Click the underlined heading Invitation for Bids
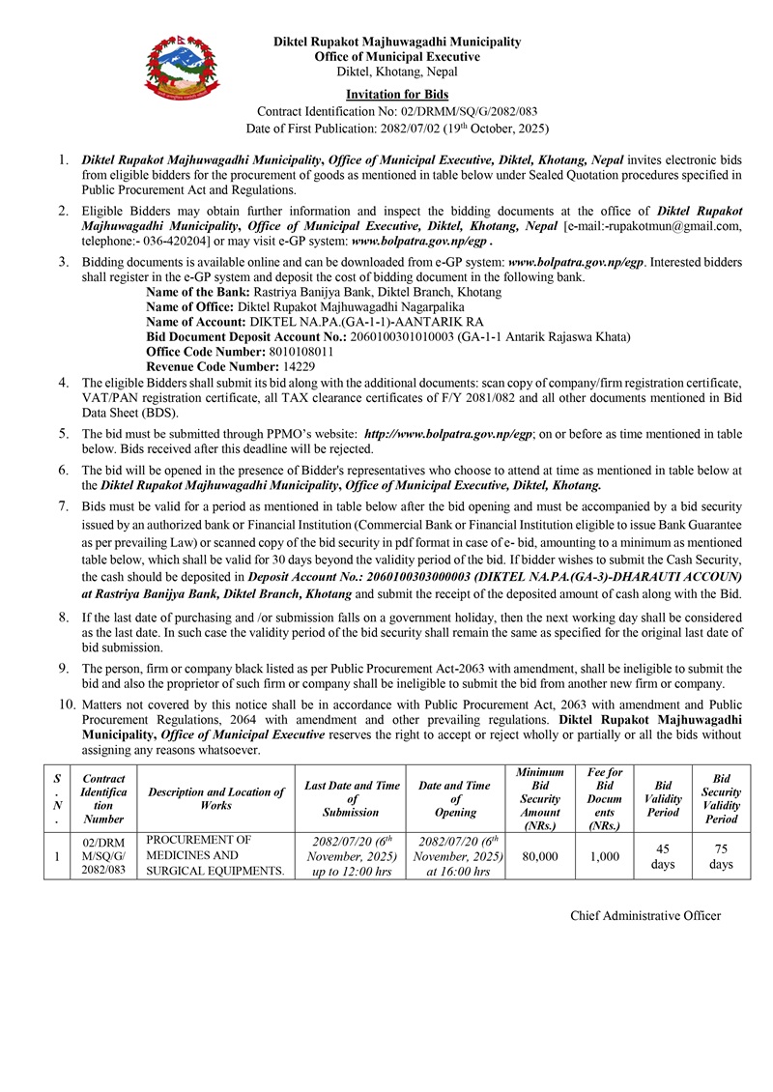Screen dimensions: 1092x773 [x=397, y=93]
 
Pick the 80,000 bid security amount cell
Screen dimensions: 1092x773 [x=539, y=856]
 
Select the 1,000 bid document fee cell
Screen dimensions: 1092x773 [x=604, y=856]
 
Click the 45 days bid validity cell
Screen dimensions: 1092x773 [x=662, y=856]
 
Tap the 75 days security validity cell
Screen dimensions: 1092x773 [x=721, y=856]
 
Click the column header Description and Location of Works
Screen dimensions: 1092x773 [x=216, y=798]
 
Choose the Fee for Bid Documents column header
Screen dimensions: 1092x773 [x=604, y=798]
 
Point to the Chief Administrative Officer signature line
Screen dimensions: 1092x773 [x=645, y=915]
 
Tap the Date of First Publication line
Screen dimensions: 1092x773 [x=397, y=129]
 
